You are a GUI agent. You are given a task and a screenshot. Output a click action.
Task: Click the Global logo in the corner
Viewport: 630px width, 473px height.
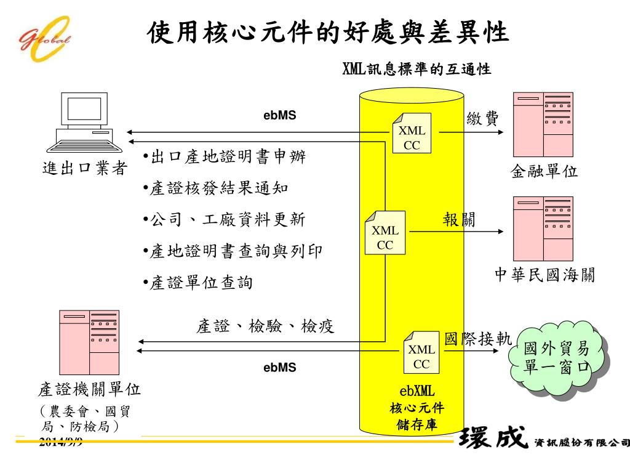coord(45,37)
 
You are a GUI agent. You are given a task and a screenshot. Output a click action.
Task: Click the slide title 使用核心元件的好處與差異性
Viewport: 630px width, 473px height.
coord(329,33)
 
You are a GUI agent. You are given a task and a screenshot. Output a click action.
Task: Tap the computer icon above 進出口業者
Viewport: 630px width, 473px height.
coord(84,122)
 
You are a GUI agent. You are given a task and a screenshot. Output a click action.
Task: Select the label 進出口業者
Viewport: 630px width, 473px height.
coord(85,168)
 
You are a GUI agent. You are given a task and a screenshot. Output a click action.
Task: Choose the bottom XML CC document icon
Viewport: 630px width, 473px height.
coord(421,352)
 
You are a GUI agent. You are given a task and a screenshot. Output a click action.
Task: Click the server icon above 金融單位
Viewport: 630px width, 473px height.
coord(543,124)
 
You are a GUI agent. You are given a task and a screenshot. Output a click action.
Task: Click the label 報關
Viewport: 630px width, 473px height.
coord(459,219)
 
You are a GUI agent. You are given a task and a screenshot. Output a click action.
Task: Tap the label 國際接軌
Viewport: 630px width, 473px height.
coord(478,339)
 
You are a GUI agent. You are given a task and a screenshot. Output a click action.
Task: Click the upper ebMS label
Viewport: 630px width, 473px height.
coord(280,115)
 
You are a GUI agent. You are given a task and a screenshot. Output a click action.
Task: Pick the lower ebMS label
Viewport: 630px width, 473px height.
coord(280,368)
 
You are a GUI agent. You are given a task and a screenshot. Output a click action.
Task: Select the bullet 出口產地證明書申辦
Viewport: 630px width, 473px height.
coord(224,158)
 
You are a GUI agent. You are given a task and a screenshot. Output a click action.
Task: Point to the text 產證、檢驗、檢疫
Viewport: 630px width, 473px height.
coord(265,326)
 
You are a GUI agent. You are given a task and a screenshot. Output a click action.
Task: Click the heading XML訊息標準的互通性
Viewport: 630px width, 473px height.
coord(417,69)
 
